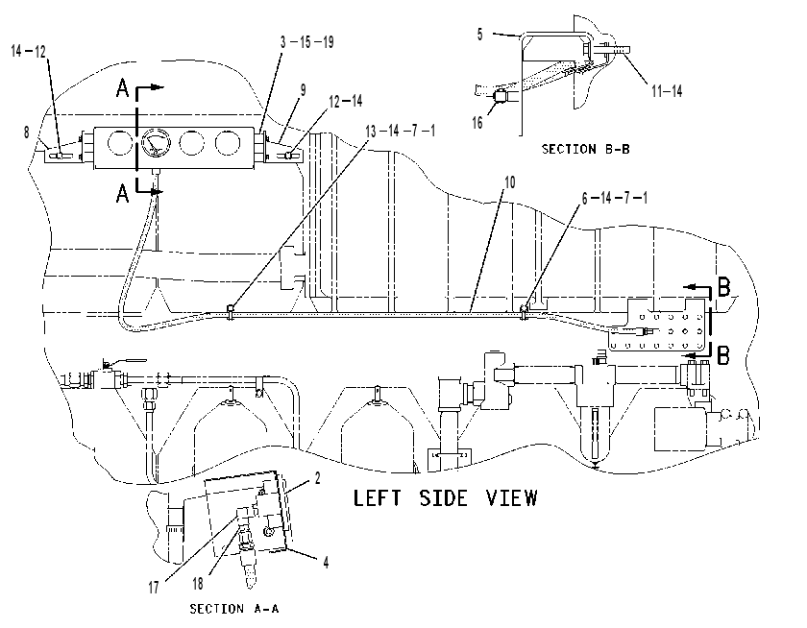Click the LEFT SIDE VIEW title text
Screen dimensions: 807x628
pos(445,497)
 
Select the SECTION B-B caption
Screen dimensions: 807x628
pos(586,149)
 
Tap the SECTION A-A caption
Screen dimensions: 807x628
pos(234,609)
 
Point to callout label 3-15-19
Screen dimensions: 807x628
pos(307,41)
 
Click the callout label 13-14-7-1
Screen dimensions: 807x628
pos(401,132)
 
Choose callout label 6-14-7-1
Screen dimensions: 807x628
pos(615,198)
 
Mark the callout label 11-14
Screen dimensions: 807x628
pos(667,91)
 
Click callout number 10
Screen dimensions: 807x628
pos(509,182)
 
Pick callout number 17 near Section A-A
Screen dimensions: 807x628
pos(154,588)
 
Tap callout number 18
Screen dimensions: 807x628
pos(198,584)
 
